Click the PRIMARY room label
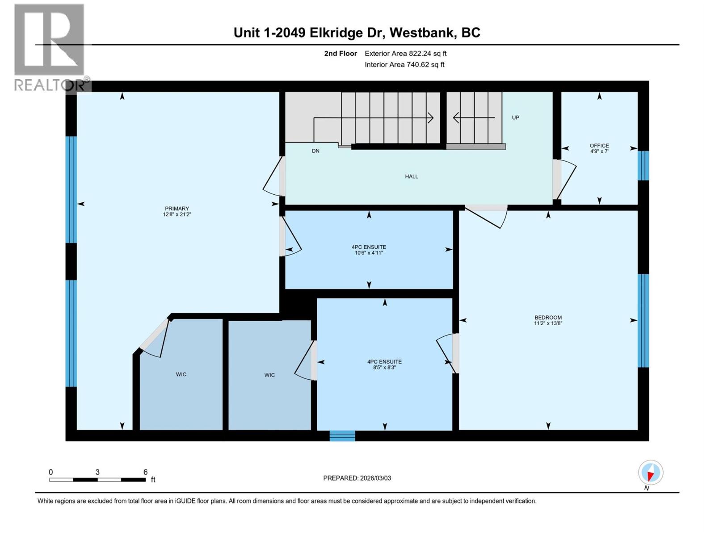(x=177, y=208)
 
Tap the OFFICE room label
(x=599, y=146)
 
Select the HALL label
(x=411, y=176)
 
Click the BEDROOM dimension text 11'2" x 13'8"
(x=548, y=323)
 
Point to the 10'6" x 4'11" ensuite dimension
(x=369, y=253)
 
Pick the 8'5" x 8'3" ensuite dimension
(x=384, y=368)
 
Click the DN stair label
(x=315, y=151)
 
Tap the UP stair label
(x=515, y=117)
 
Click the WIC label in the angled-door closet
(x=181, y=374)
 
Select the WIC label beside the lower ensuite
(x=269, y=375)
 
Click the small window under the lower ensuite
(x=342, y=435)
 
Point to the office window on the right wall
(x=643, y=165)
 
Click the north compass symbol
(x=651, y=473)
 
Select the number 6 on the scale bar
(x=145, y=472)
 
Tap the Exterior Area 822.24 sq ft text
(x=405, y=54)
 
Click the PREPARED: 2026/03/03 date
(x=357, y=478)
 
